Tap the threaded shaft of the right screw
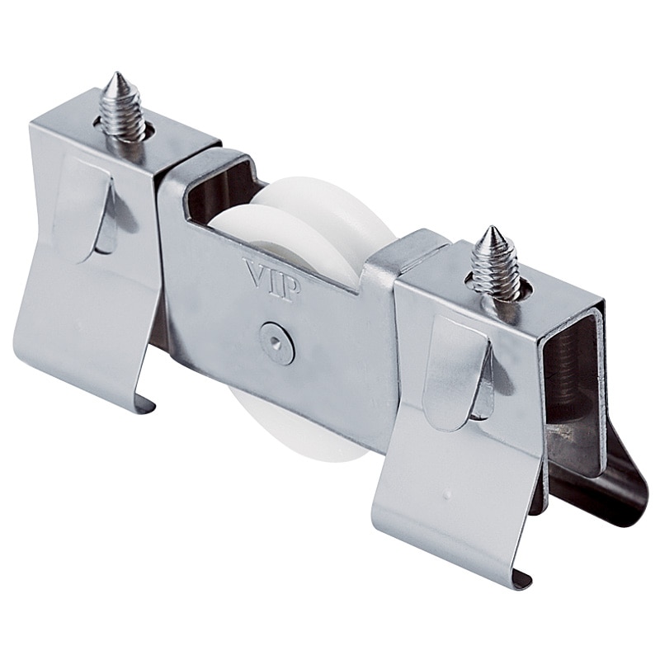pos(496,265)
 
